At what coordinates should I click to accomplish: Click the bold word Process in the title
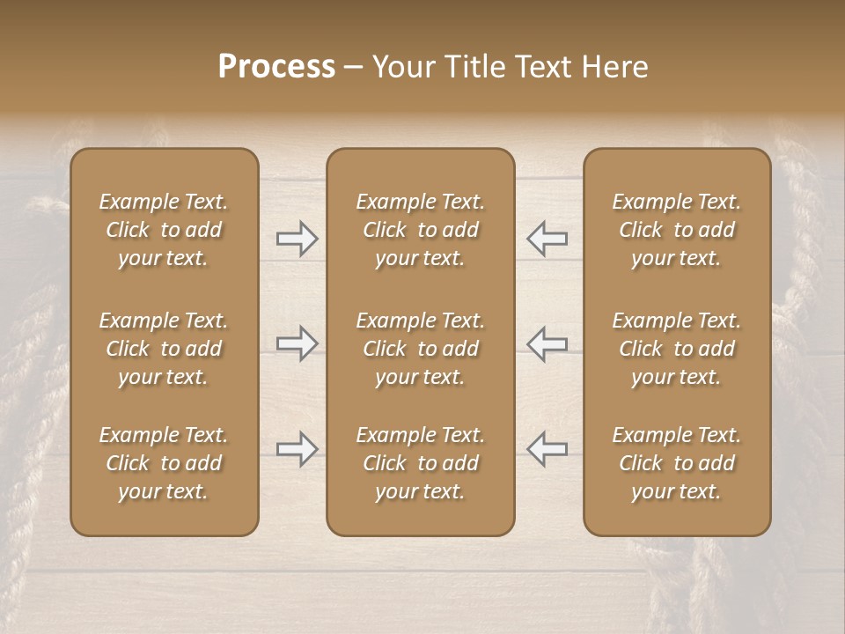[276, 67]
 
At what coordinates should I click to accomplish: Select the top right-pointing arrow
[297, 239]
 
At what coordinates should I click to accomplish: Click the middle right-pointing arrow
[297, 343]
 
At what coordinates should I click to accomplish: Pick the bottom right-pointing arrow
[297, 449]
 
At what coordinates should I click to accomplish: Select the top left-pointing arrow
[547, 239]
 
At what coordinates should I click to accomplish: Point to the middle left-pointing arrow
[547, 343]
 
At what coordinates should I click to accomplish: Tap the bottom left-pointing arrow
[547, 449]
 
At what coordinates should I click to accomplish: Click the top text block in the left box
[164, 230]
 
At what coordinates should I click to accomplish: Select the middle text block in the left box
[164, 349]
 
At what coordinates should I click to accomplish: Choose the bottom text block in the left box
[164, 463]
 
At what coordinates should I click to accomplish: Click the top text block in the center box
[420, 230]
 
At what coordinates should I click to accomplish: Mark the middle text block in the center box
[420, 349]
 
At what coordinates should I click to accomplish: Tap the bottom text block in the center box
[420, 463]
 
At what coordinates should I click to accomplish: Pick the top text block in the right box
[676, 230]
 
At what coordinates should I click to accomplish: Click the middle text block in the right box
[676, 349]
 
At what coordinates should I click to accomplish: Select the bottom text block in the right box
[676, 463]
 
